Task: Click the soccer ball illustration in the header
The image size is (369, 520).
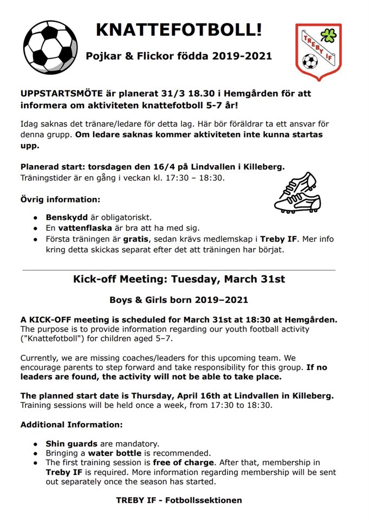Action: [50, 47]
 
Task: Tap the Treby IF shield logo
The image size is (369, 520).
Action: [318, 51]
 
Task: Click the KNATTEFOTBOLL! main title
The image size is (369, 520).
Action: [179, 29]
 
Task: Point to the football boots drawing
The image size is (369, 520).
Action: [297, 192]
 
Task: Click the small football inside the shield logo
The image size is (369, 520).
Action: [310, 61]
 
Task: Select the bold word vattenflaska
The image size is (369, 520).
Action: [85, 227]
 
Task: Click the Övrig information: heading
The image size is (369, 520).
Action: [60, 199]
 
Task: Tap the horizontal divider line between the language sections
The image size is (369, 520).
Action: [179, 269]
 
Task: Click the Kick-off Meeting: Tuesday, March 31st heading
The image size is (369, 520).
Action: [179, 279]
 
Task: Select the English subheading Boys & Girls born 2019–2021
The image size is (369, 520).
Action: [179, 300]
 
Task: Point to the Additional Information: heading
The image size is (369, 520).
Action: [72, 424]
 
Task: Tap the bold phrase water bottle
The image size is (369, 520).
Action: [115, 453]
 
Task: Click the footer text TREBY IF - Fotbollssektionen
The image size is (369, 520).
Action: [179, 500]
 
